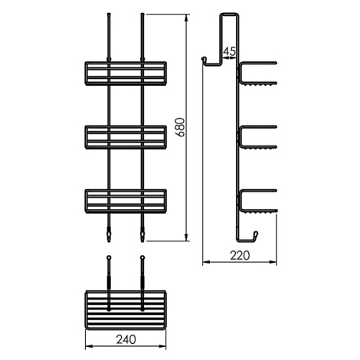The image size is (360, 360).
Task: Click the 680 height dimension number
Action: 181,127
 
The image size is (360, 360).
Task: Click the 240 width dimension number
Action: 126,339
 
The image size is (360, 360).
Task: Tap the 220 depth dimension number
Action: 240,255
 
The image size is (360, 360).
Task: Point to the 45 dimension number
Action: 229,51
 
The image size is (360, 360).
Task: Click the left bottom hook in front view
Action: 109,235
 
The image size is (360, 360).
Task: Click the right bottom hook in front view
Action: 142,235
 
